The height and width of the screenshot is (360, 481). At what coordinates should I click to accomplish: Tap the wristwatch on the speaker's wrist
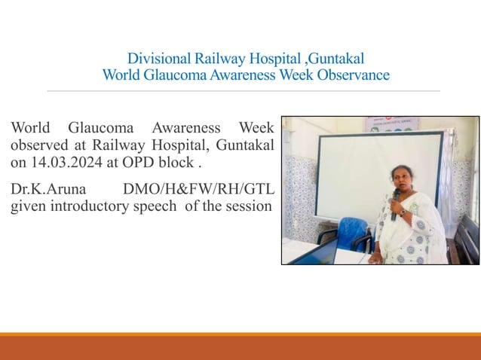[403, 213]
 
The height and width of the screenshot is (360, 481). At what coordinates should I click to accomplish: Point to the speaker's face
[400, 178]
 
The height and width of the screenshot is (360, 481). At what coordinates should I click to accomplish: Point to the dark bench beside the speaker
[467, 240]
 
